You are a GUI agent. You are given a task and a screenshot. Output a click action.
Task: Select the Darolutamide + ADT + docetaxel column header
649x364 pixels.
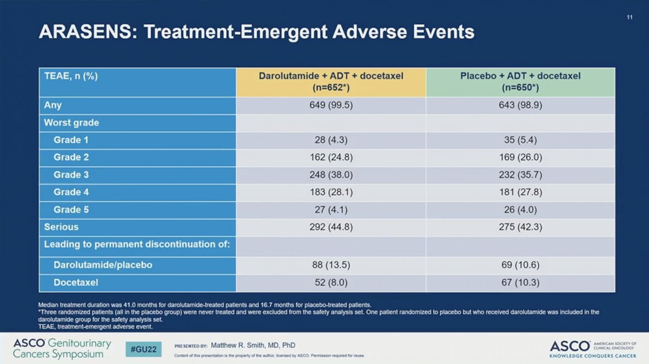tap(331, 82)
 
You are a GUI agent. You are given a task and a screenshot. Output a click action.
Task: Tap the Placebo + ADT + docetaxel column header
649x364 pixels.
tap(520, 82)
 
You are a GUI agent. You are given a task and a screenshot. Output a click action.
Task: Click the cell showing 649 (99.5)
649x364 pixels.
tap(331, 105)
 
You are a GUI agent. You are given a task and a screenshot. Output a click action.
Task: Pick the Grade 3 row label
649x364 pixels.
tap(71, 175)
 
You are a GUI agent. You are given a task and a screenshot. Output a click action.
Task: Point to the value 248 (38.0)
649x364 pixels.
tap(331, 175)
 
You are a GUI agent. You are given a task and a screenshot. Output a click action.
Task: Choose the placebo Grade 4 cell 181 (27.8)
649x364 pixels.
tap(520, 192)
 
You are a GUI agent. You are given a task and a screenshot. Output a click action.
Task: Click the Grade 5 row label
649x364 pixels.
tap(71, 209)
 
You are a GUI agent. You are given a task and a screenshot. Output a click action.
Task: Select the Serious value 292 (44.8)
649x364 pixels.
tap(331, 227)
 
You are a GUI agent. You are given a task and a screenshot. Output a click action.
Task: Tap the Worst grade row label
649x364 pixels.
tap(71, 123)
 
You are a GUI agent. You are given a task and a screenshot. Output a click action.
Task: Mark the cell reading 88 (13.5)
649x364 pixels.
tap(331, 265)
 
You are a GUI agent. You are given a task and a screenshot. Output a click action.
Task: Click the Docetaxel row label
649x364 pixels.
tap(76, 282)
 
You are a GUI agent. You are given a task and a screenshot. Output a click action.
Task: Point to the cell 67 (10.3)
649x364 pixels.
tap(520, 282)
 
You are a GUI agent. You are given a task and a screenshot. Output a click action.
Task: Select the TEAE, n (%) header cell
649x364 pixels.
tap(71, 76)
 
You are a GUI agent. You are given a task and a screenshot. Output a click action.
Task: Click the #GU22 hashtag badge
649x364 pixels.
tap(143, 349)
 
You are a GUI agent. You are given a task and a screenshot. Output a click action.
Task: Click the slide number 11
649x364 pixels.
tap(630, 17)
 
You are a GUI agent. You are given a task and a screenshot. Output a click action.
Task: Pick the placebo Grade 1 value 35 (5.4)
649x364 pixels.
tap(520, 140)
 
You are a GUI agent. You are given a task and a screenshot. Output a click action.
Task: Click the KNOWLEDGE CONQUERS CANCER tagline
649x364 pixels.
tap(593, 356)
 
